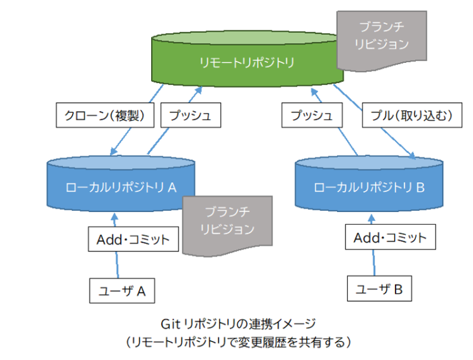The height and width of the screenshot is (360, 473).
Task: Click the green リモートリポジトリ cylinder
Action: [x=247, y=62]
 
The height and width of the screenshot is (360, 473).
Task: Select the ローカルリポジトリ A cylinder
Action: [x=121, y=185]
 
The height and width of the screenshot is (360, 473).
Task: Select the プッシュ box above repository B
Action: [x=311, y=116]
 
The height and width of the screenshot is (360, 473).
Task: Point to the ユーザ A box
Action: [x=123, y=291]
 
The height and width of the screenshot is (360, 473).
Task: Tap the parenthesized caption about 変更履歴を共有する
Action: [x=237, y=342]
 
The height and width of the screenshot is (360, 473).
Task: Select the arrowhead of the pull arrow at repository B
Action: [x=413, y=155]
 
